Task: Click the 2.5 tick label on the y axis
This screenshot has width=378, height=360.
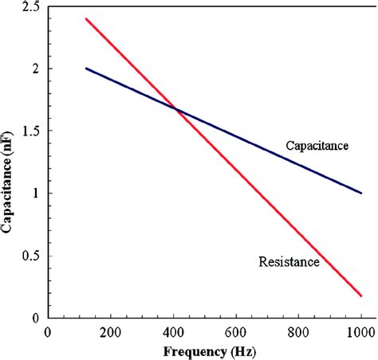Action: click(x=30, y=7)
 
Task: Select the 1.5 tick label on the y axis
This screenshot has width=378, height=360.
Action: click(x=30, y=131)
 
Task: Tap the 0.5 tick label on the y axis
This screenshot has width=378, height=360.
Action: click(x=30, y=256)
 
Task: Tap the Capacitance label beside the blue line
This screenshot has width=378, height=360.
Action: click(x=318, y=145)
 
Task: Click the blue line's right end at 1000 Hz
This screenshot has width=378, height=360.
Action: click(x=361, y=193)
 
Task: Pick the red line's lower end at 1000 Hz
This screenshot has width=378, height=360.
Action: click(x=361, y=295)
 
